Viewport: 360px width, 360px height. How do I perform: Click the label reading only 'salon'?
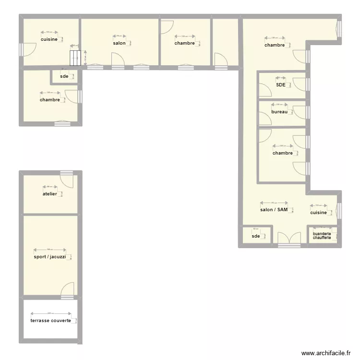click(119, 43)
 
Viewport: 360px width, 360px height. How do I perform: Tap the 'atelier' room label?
click(49, 194)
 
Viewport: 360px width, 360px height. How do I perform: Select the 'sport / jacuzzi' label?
click(50, 257)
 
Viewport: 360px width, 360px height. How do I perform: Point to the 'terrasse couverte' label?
click(51, 321)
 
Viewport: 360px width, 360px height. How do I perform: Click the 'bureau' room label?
click(279, 112)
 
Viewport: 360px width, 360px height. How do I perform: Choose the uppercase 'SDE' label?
click(281, 85)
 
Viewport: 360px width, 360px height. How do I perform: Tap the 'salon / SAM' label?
click(274, 210)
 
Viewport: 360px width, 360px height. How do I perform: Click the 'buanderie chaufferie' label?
click(322, 236)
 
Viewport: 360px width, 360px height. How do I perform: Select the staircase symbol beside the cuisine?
click(75, 58)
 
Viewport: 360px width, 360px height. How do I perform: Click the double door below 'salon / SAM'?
click(289, 238)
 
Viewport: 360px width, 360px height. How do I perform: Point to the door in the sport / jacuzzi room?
click(67, 289)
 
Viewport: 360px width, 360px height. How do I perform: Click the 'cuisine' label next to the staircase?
click(49, 39)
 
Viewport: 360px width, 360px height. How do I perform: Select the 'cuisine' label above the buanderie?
click(318, 213)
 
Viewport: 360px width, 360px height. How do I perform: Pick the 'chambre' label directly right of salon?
click(185, 43)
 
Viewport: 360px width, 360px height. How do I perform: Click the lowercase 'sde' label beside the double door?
click(255, 236)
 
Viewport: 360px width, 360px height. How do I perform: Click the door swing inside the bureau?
click(265, 118)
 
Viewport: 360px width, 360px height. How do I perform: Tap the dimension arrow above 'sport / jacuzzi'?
click(49, 250)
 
